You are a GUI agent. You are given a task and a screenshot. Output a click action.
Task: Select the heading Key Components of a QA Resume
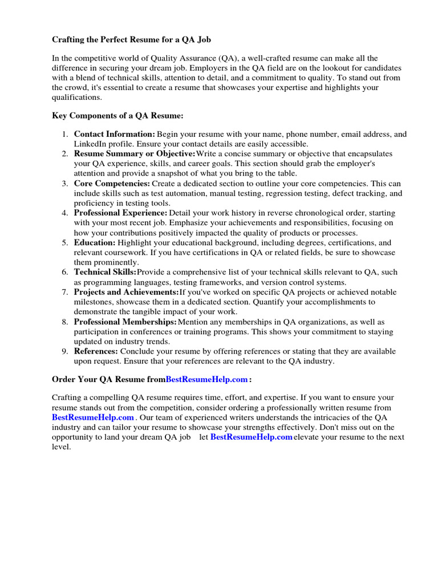click(x=117, y=116)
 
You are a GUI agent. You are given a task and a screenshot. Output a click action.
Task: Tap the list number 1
click(x=65, y=135)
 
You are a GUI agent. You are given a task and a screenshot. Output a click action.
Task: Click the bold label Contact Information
click(x=114, y=135)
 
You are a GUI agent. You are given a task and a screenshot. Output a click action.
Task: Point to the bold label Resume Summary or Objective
click(x=135, y=154)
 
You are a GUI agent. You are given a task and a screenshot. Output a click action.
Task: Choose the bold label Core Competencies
click(x=112, y=184)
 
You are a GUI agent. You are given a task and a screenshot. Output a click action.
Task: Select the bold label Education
click(x=95, y=243)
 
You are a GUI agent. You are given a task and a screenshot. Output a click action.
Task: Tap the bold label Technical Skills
click(x=106, y=273)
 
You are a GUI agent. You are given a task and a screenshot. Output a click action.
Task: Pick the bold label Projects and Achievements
click(x=126, y=292)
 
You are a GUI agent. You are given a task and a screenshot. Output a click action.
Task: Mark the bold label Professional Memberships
click(x=125, y=322)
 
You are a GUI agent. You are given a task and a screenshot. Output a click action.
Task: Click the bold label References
click(x=96, y=351)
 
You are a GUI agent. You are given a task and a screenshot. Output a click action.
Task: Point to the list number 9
click(x=65, y=351)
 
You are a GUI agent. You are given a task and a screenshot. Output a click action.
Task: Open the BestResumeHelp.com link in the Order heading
click(x=206, y=379)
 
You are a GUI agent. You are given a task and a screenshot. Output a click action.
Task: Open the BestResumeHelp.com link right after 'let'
click(x=251, y=437)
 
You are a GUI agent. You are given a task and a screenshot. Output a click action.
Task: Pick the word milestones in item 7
click(x=94, y=302)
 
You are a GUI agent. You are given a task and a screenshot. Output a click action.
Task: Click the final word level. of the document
click(x=61, y=447)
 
